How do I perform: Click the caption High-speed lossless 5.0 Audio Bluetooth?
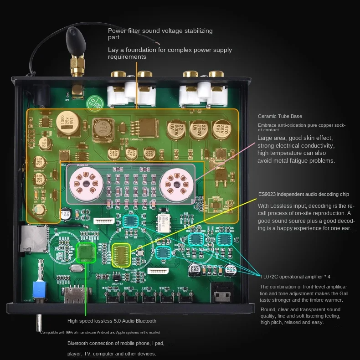tap(112, 321)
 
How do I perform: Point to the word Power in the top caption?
tap(117, 31)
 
